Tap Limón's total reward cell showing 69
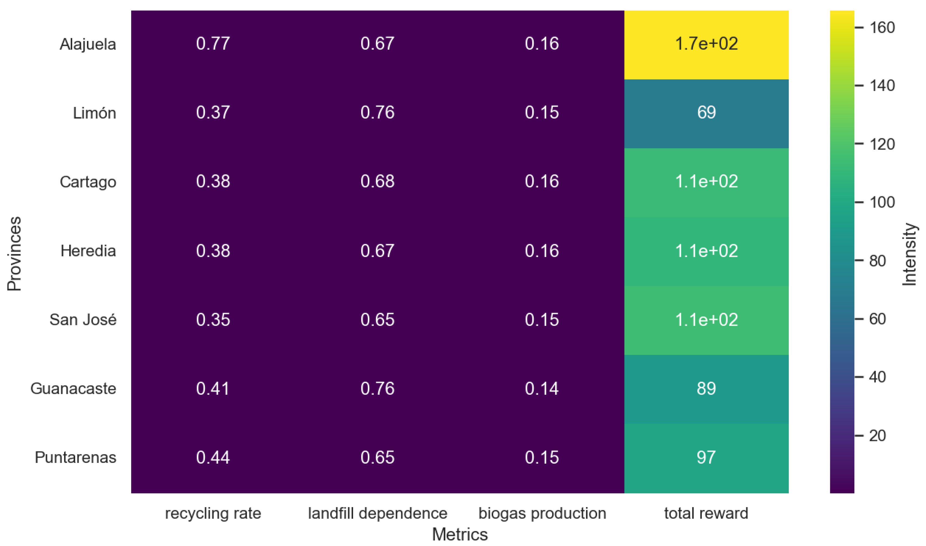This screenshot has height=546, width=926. (706, 112)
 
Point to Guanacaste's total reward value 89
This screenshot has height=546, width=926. (706, 388)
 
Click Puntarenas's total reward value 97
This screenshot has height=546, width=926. (706, 457)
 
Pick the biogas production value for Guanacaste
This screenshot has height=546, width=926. (542, 388)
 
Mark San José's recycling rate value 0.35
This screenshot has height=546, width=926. (213, 319)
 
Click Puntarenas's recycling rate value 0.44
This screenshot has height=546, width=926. (213, 457)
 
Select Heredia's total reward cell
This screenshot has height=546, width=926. (706, 251)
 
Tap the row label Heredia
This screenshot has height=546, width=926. (88, 251)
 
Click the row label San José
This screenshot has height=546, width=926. (83, 319)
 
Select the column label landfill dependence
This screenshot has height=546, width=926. (378, 513)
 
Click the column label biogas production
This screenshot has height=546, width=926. (542, 513)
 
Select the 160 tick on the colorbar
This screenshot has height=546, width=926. (882, 28)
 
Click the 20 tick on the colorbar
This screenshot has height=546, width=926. (877, 436)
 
